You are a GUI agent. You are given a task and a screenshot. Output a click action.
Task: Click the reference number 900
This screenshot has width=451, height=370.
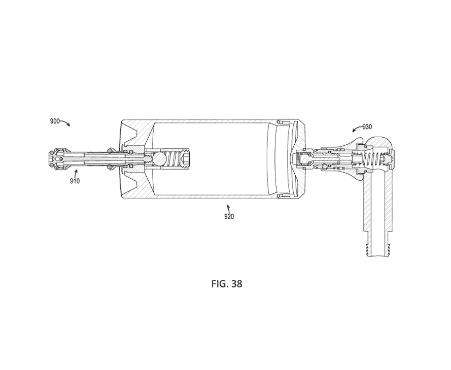55,121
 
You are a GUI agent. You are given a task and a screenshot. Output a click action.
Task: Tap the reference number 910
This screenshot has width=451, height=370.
75,181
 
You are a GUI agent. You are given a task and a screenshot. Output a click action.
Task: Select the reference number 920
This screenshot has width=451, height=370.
229,217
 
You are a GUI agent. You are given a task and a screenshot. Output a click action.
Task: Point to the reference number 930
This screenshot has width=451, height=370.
367,127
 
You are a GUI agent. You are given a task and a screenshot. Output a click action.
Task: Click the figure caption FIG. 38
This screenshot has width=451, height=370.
227,284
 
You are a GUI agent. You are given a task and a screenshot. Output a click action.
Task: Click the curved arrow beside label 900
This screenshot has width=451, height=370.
64,123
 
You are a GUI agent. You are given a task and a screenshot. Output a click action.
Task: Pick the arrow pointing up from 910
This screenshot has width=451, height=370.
76,173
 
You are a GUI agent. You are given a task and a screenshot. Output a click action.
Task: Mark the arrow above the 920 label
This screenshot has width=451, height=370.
229,209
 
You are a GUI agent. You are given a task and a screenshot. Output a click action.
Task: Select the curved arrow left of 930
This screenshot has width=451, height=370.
357,129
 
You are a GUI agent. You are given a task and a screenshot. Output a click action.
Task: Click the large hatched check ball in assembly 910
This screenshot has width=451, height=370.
158,159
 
